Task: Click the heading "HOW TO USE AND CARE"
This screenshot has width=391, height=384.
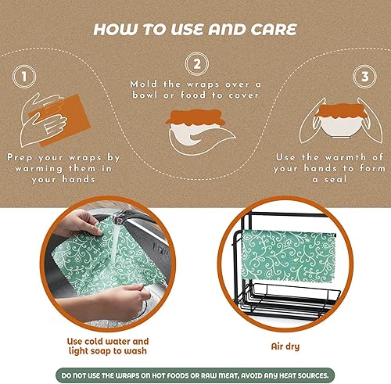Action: tap(195, 29)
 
